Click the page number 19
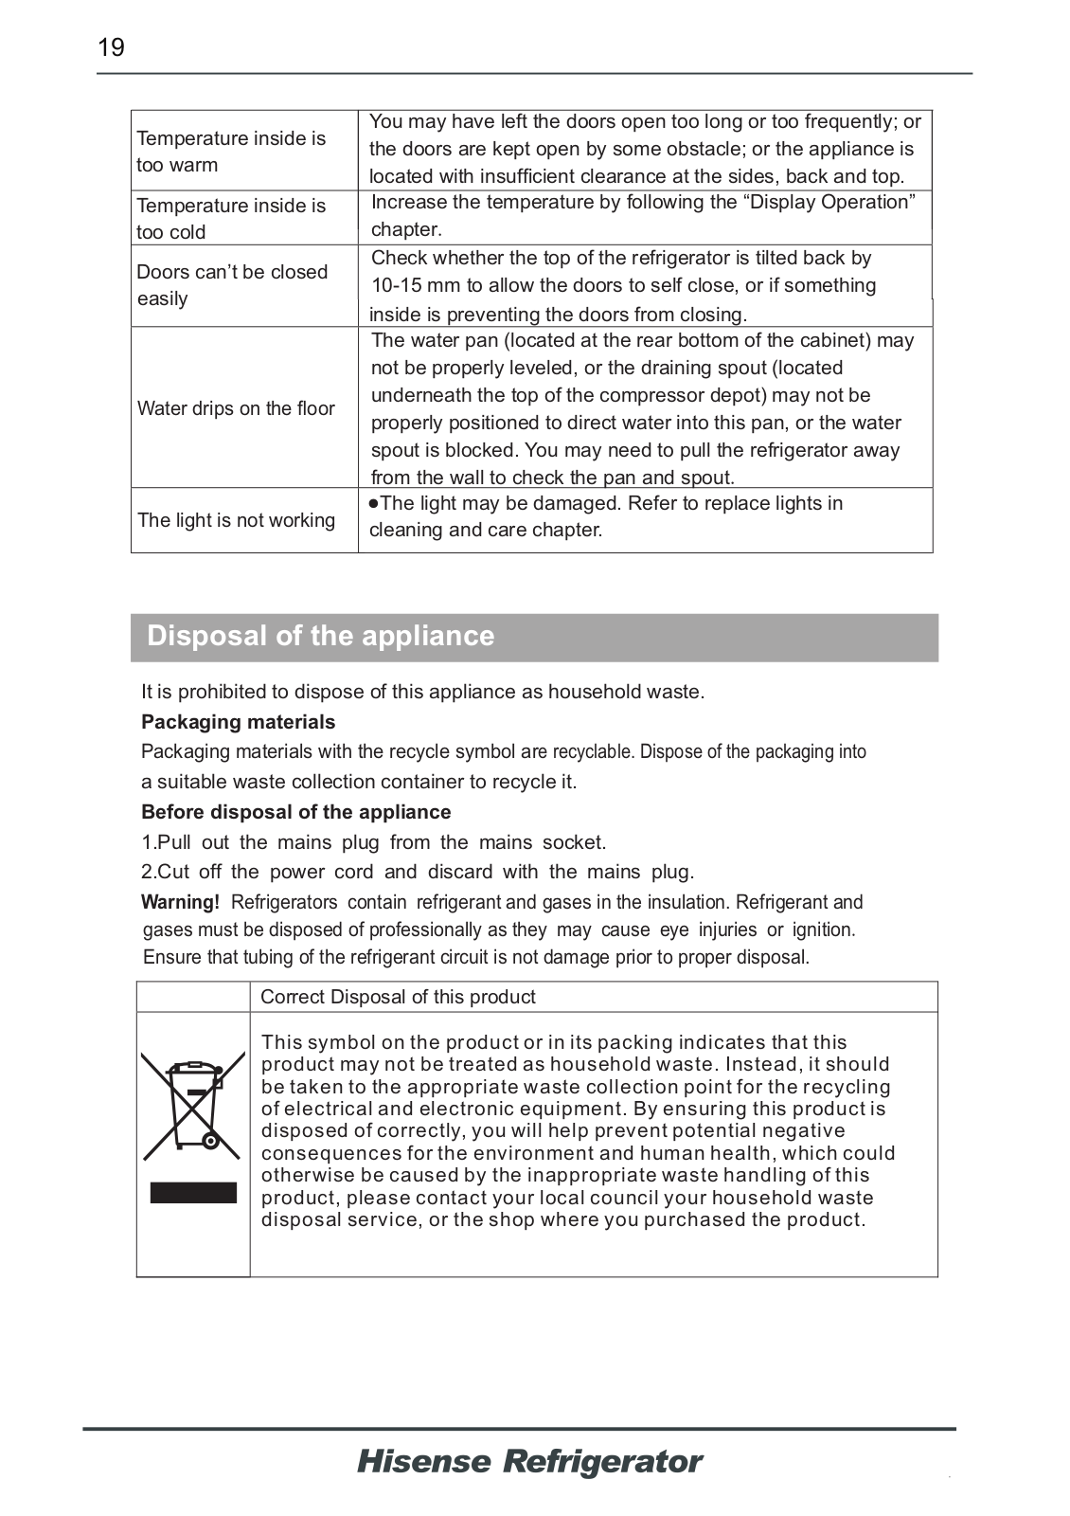(111, 47)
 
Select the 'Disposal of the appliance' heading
(320, 636)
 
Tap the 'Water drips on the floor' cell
(236, 408)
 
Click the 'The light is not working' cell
(236, 520)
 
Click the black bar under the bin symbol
(193, 1192)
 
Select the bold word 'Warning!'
(180, 902)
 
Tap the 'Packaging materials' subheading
(238, 722)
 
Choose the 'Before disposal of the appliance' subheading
(295, 812)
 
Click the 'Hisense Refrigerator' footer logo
(529, 1462)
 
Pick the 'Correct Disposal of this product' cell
(398, 997)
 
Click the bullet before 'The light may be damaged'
(374, 504)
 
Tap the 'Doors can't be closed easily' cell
(232, 285)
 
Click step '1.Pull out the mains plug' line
(373, 842)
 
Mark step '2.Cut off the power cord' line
(417, 872)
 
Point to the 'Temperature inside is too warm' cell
(231, 152)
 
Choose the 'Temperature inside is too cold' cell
(231, 219)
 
